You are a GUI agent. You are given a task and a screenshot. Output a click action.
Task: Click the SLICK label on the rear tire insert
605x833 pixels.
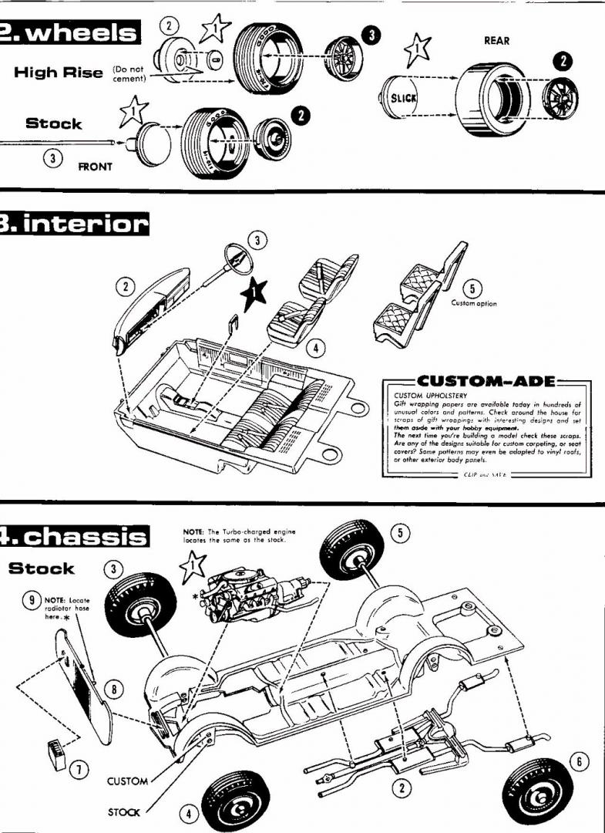(403, 99)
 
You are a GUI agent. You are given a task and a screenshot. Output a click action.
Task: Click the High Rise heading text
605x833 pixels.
(59, 73)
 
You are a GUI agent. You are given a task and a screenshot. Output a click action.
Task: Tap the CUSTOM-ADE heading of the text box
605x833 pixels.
(482, 381)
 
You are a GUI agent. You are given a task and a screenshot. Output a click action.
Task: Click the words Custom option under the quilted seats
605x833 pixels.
(474, 303)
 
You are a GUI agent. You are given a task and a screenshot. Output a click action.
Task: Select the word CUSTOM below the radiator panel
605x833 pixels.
(127, 781)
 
